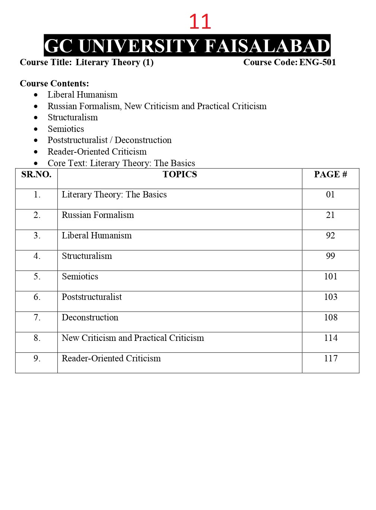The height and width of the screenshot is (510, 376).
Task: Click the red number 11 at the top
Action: click(200, 22)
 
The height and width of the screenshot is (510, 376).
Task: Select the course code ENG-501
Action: click(317, 62)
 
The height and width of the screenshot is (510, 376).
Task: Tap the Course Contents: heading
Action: click(54, 83)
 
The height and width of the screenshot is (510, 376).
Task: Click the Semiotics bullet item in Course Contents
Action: click(66, 129)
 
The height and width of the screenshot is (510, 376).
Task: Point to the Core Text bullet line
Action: click(121, 163)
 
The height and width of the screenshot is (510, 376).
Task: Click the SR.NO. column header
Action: click(36, 174)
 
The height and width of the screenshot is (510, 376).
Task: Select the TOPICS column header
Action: click(180, 174)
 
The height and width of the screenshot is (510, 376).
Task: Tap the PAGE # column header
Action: click(331, 174)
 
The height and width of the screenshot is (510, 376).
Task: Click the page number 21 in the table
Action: click(331, 215)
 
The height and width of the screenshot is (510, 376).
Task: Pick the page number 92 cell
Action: click(331, 235)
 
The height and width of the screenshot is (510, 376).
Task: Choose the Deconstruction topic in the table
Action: click(90, 317)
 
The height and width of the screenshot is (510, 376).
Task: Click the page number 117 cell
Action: click(331, 358)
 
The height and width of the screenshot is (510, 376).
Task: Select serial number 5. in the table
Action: click(37, 276)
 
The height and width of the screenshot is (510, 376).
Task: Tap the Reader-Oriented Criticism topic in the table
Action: click(111, 358)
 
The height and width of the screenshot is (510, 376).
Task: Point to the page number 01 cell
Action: click(331, 194)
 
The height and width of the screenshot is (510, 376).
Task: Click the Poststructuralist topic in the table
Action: click(92, 297)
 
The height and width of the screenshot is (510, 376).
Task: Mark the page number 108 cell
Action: click(331, 317)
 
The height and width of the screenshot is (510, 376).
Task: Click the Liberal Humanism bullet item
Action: click(82, 95)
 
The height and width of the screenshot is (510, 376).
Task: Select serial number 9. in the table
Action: click(37, 358)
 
